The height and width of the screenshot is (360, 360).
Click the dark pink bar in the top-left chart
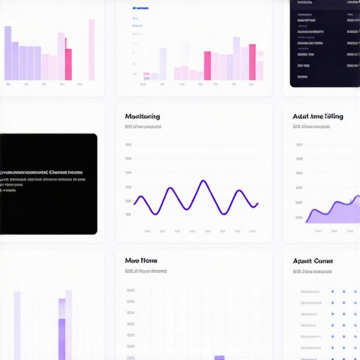pos(68,64)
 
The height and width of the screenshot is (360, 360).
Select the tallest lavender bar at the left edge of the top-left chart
pos(8,53)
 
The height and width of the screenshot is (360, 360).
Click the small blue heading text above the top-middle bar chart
pos(140,8)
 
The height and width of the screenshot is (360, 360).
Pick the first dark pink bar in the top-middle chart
pos(207,65)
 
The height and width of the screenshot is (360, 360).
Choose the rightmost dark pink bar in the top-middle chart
pos(252,62)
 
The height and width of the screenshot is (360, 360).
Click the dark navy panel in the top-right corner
pos(325,42)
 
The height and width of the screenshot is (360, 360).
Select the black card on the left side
pos(48,184)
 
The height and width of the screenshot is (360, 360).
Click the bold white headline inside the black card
pos(42,172)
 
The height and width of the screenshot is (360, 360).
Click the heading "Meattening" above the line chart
pos(142,116)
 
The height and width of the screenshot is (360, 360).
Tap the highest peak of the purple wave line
pos(204,181)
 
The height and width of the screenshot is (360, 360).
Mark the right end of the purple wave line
pos(257,204)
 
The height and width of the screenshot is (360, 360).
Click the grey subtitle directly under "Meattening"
pos(143,127)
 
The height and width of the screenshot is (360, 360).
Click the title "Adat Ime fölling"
pos(318,116)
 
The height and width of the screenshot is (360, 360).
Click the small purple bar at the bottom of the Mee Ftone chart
pos(219,357)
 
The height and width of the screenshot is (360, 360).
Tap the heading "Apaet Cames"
pos(313,261)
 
